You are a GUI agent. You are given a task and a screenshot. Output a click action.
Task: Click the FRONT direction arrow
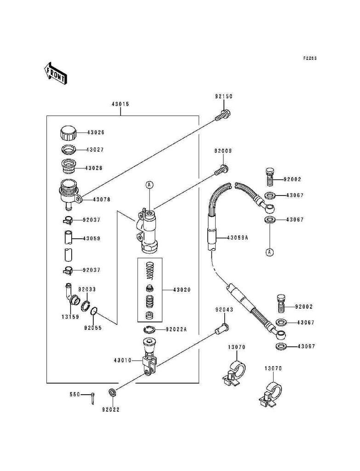tap(55, 73)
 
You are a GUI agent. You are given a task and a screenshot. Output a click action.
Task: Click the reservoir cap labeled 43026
tap(69, 133)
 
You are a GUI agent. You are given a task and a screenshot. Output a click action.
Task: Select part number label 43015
tap(120, 104)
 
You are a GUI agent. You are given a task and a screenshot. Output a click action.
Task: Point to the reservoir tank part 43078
tap(69, 194)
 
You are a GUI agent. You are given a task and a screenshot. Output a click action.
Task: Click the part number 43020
tap(182, 290)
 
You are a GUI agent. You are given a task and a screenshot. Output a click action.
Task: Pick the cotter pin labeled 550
tap(93, 398)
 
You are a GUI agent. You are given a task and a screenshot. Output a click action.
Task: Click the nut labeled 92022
tap(112, 392)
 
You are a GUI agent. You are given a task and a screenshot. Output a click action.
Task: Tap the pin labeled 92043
tap(222, 328)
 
